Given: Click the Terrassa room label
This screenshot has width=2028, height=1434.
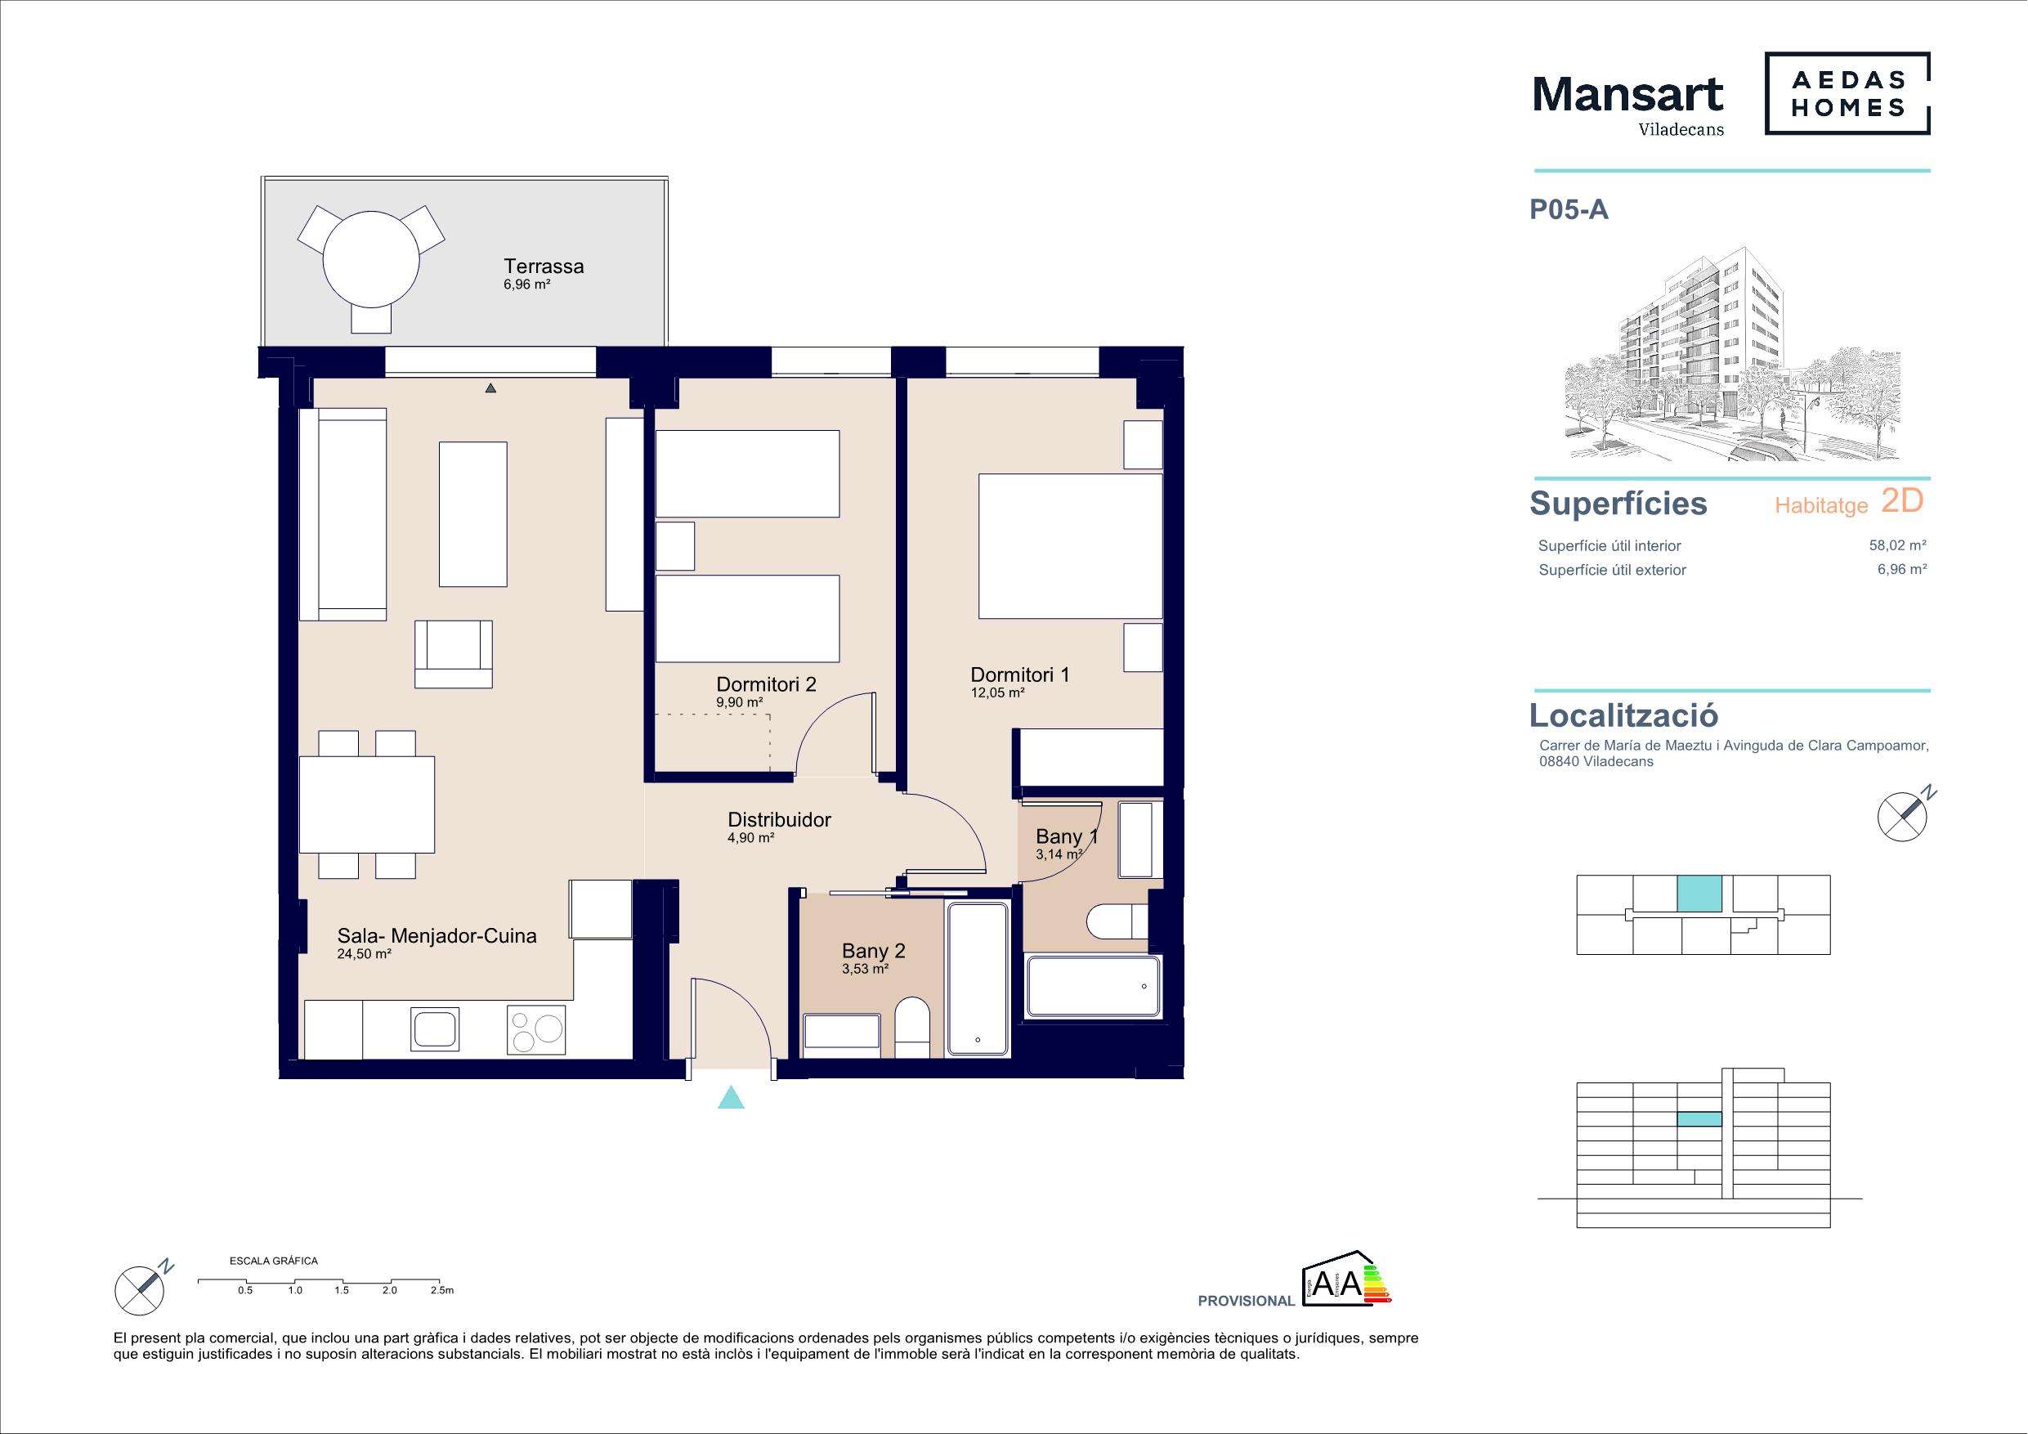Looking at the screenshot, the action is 544,266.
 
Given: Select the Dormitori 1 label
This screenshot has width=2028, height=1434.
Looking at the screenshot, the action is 1020,674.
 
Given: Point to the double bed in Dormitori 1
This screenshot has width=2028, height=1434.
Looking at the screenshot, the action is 1071,546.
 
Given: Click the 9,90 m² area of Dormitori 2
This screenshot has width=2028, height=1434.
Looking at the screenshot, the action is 739,702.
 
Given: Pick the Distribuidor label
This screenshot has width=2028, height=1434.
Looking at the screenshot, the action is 779,819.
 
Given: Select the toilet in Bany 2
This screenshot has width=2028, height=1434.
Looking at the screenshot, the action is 912,1028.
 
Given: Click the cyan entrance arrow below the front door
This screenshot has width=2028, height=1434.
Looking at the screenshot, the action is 731,1097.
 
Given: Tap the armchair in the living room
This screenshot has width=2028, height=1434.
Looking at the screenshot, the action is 453,654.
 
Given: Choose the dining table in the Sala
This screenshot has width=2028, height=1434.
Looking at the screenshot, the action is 366,804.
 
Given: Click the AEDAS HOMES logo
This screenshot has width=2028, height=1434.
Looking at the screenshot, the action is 1847,94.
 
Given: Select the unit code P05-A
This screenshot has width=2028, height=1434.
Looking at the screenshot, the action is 1569,209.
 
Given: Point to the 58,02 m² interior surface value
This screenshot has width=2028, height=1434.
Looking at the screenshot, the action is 1897,545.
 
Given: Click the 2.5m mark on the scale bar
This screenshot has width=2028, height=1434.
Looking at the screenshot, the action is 441,1290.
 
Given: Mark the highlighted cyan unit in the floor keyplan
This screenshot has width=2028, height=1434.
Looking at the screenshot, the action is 1699,894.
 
